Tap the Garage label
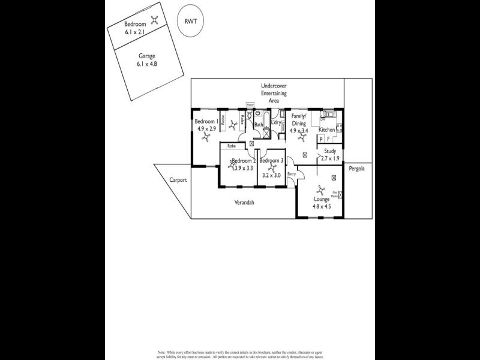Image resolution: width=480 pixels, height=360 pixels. (x=147, y=56)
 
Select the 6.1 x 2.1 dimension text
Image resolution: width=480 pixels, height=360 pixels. (x=136, y=32)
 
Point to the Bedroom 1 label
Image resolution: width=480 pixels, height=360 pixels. (x=206, y=121)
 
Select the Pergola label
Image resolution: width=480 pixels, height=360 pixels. (x=357, y=169)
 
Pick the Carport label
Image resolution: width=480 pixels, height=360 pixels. (x=178, y=179)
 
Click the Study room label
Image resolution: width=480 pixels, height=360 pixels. (x=330, y=151)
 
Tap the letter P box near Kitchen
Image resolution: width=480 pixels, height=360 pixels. (x=321, y=139)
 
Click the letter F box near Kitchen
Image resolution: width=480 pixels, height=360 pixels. (x=328, y=139)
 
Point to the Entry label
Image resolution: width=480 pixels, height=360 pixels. (x=292, y=174)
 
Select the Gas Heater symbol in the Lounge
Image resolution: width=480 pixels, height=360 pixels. (x=340, y=194)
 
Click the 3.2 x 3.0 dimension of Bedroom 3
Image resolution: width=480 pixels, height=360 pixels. (x=270, y=175)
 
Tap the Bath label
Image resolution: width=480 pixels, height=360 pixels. (x=259, y=125)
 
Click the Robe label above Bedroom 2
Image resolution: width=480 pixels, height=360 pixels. (x=231, y=146)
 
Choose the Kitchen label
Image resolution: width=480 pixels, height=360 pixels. (x=327, y=130)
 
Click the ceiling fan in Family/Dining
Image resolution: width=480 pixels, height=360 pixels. (x=302, y=137)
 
